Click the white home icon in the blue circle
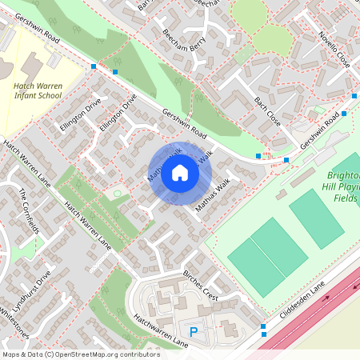(180, 172)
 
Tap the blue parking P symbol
(192, 331)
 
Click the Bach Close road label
(270, 109)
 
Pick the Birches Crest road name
(201, 285)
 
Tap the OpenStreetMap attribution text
(81, 354)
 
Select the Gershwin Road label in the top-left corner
(32, 27)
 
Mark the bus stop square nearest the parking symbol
(263, 326)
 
